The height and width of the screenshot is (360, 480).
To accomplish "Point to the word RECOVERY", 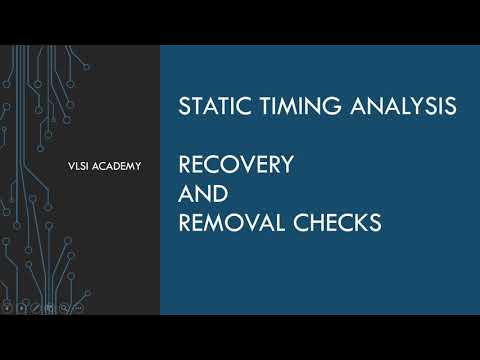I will point(235,164).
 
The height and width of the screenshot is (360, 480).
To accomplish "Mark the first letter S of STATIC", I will point(183,105).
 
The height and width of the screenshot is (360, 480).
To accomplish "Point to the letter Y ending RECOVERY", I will point(287,164).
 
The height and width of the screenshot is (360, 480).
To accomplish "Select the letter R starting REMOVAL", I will point(184,223).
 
